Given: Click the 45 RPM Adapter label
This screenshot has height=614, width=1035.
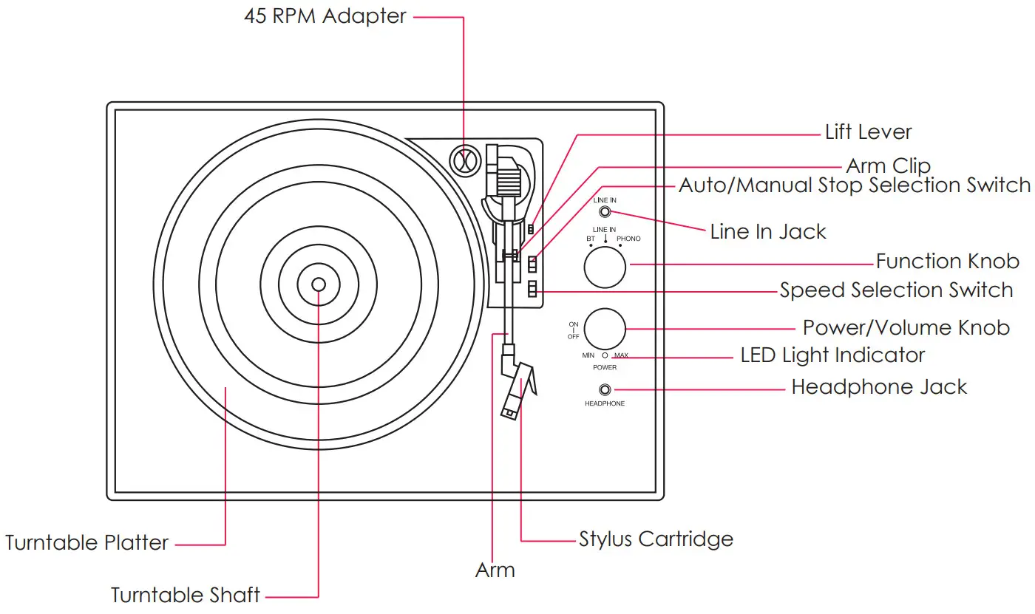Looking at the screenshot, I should [325, 16].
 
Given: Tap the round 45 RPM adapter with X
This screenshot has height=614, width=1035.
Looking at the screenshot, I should [464, 160].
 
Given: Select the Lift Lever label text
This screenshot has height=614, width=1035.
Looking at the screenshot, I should [868, 132].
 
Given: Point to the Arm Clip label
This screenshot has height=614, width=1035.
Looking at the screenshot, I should [888, 166].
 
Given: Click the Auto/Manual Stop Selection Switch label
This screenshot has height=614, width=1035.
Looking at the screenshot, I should [855, 185].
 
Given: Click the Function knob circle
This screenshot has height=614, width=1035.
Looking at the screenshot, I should [605, 267].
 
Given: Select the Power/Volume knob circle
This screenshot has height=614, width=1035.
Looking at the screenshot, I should [605, 329].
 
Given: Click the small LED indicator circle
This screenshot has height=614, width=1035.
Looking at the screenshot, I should [605, 355].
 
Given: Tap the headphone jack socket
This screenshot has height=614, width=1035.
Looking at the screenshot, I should [605, 389].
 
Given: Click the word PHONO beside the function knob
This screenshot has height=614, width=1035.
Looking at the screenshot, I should [628, 239].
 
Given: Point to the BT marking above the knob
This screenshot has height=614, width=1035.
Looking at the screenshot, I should [591, 239].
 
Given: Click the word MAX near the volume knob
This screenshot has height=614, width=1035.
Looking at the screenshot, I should [621, 355].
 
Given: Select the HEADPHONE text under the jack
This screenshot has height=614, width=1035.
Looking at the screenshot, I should [605, 403].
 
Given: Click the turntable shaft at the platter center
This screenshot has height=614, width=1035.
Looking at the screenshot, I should [318, 284].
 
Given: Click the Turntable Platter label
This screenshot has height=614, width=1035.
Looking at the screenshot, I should [87, 543].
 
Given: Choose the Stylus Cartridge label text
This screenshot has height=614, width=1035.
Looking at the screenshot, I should [656, 539].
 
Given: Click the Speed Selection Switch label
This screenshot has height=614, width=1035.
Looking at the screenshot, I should [896, 290].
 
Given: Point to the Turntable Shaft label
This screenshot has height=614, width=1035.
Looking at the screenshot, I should [186, 595].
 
